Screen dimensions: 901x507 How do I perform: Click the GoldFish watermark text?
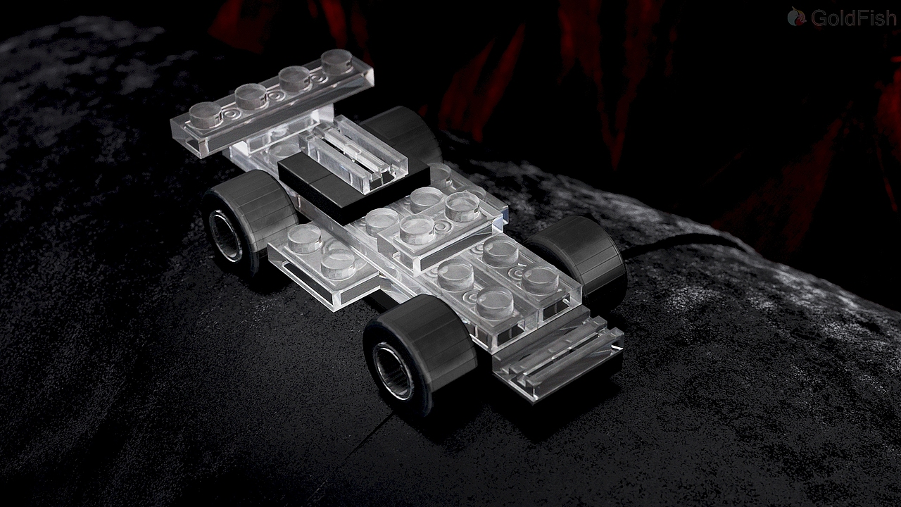tap(853, 18)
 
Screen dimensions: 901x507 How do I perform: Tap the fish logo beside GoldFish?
tap(796, 16)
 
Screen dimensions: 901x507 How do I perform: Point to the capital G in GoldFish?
tap(818, 18)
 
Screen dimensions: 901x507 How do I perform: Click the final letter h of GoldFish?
tap(891, 18)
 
